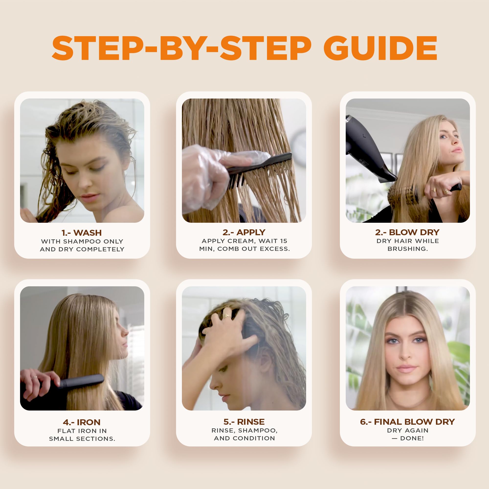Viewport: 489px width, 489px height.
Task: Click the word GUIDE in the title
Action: (x=380, y=48)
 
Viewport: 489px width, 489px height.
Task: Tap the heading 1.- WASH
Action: (x=81, y=233)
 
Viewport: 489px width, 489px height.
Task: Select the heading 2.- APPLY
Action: (x=244, y=232)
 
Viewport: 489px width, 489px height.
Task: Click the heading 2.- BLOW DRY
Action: (x=408, y=232)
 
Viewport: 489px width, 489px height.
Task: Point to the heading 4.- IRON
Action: (x=81, y=422)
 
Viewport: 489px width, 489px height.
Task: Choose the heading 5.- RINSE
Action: (x=244, y=422)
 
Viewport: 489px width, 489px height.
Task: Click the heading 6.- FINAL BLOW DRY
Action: (x=408, y=422)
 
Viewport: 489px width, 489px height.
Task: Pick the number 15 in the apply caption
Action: (x=283, y=241)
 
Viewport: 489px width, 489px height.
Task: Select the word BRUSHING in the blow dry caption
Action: (x=408, y=249)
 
